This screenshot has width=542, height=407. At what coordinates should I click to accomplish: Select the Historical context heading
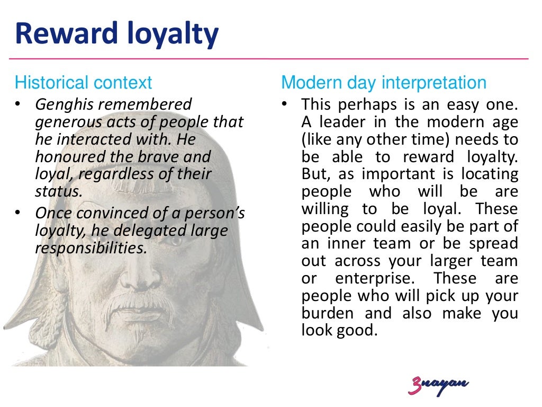[x=83, y=83]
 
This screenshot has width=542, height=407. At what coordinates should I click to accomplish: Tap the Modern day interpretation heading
[x=384, y=83]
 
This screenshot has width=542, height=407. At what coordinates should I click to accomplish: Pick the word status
[x=58, y=191]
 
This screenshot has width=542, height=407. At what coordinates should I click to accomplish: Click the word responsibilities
[x=90, y=248]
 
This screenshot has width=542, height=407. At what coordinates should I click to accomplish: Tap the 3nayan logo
[x=438, y=385]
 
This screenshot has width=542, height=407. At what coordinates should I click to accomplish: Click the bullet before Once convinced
[x=19, y=213]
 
